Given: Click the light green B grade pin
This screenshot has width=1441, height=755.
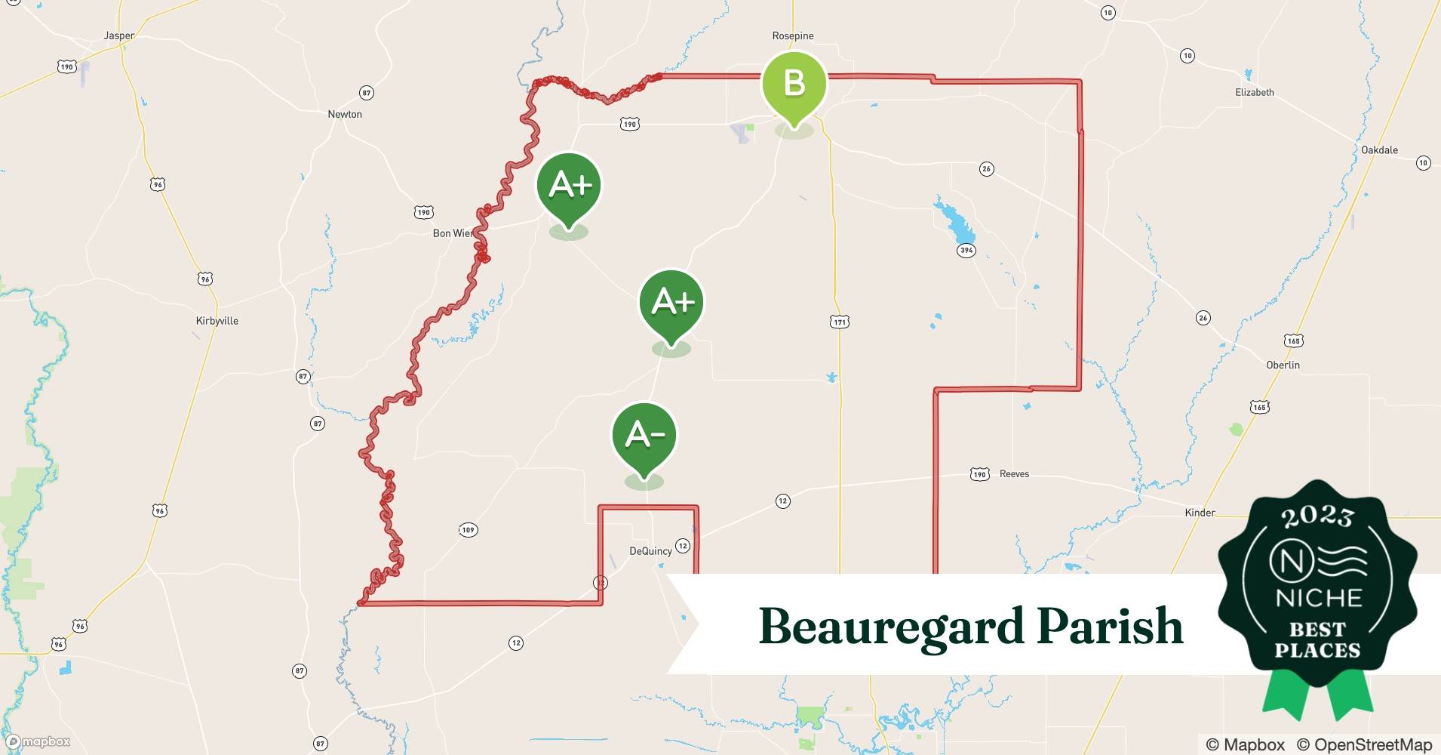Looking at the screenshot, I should [x=794, y=83].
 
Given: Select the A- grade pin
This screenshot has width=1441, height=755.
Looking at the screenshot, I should [x=644, y=436].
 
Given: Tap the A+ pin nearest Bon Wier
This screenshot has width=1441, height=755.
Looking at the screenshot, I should [x=568, y=185].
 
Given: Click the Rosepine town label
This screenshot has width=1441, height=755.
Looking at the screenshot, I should [x=793, y=35].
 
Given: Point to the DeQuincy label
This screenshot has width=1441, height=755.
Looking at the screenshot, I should [x=650, y=551].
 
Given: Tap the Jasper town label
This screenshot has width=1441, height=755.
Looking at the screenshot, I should [x=118, y=35].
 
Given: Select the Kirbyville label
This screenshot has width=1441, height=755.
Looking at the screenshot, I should [x=217, y=321].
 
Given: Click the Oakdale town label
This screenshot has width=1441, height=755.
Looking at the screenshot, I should [x=1379, y=149].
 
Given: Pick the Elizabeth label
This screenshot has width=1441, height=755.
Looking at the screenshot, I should [x=1254, y=92].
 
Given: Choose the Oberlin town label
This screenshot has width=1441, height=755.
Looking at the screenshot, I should [x=1283, y=365].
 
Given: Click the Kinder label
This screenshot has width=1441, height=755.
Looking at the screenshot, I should [x=1200, y=513].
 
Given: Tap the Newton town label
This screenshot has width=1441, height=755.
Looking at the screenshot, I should [x=344, y=114].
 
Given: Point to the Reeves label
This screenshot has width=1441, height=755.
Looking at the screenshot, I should [x=1014, y=474].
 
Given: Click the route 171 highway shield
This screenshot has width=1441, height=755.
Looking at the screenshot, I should [x=840, y=322].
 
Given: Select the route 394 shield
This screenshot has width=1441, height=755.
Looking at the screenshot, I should [x=966, y=251].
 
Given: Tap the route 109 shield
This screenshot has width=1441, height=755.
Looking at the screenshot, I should [x=468, y=530].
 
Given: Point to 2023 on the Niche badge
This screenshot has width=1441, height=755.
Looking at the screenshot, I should [x=1317, y=516].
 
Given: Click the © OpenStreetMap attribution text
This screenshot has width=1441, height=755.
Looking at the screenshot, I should [x=1364, y=744].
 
